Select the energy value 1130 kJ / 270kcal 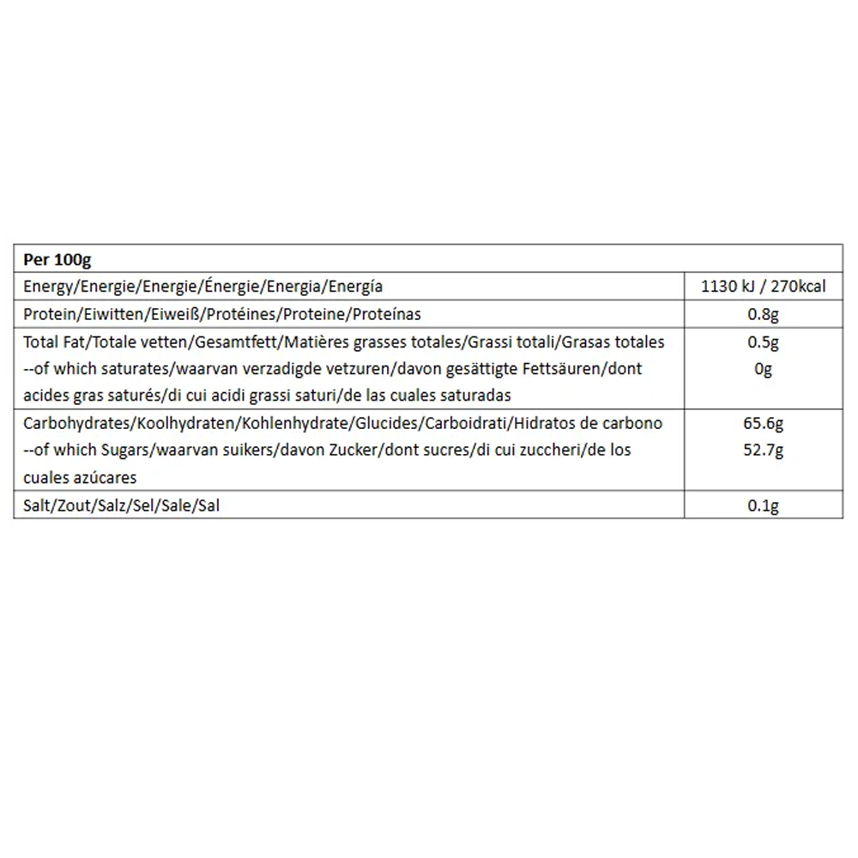(764, 287)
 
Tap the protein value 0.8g (764, 314)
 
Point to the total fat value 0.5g (764, 342)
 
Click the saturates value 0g (764, 369)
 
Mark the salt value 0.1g (764, 505)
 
